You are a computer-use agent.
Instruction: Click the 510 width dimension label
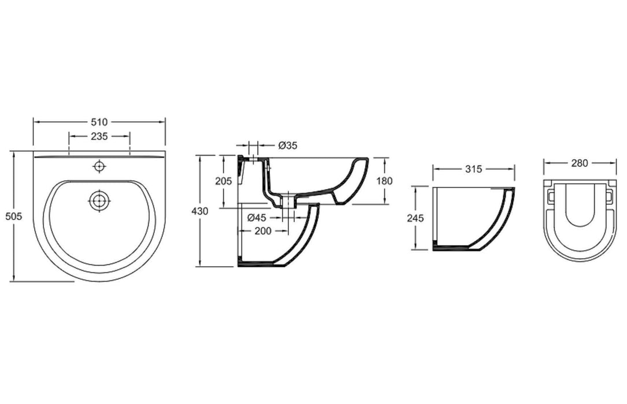pyautogui.click(x=99, y=122)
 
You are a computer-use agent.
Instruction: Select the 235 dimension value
pyautogui.click(x=99, y=137)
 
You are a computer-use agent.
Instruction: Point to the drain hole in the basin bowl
pyautogui.click(x=99, y=200)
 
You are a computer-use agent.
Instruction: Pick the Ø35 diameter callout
pyautogui.click(x=288, y=145)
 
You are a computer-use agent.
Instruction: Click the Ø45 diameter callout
pyautogui.click(x=256, y=218)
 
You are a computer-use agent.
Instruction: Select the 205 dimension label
pyautogui.click(x=223, y=181)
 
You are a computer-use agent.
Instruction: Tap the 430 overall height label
pyautogui.click(x=200, y=211)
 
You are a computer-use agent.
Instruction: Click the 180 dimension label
pyautogui.click(x=384, y=181)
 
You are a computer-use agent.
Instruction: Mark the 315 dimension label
pyautogui.click(x=473, y=169)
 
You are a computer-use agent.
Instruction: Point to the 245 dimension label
pyautogui.click(x=415, y=218)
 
